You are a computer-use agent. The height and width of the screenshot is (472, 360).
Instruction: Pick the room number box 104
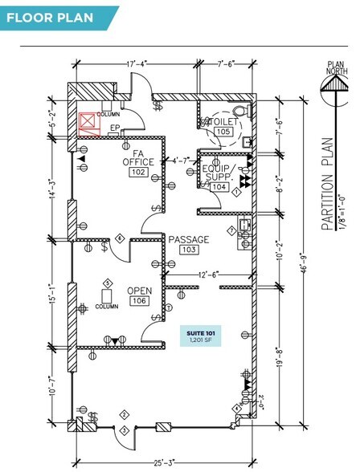point(218,186)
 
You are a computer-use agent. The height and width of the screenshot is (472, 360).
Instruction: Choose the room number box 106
point(137,301)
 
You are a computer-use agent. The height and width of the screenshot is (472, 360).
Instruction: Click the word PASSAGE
point(188,239)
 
